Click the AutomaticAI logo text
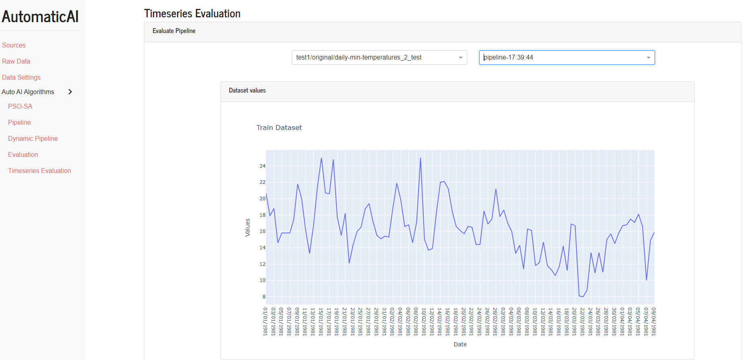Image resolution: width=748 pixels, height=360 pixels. [x=40, y=16]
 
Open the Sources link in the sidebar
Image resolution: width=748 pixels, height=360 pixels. [x=14, y=45]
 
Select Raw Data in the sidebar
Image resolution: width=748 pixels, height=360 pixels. [x=16, y=61]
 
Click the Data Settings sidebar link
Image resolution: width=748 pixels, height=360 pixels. [x=21, y=77]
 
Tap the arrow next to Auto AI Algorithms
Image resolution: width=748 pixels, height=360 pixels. [x=70, y=92]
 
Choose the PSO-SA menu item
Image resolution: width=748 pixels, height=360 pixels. [x=20, y=106]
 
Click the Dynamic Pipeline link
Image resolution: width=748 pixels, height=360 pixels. [x=33, y=138]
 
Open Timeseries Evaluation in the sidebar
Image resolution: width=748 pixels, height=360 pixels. [x=39, y=171]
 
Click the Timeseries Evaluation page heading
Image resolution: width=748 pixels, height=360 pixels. [x=192, y=14]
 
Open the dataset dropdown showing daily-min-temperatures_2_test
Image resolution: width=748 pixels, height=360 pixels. [x=379, y=58]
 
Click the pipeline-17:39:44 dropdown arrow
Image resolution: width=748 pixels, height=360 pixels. [x=649, y=58]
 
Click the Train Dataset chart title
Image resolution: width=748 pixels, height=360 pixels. [x=279, y=128]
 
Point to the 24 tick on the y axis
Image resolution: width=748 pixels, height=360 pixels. [x=262, y=166]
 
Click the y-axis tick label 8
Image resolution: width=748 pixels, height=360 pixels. [x=264, y=297]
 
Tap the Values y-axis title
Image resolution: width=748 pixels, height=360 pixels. [x=247, y=227]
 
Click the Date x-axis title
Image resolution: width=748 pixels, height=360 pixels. [x=460, y=344]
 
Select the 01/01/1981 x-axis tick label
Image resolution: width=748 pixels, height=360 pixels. [x=266, y=321]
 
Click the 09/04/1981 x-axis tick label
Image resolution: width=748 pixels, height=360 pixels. [x=654, y=321]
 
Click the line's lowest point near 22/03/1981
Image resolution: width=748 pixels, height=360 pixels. [x=583, y=297]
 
